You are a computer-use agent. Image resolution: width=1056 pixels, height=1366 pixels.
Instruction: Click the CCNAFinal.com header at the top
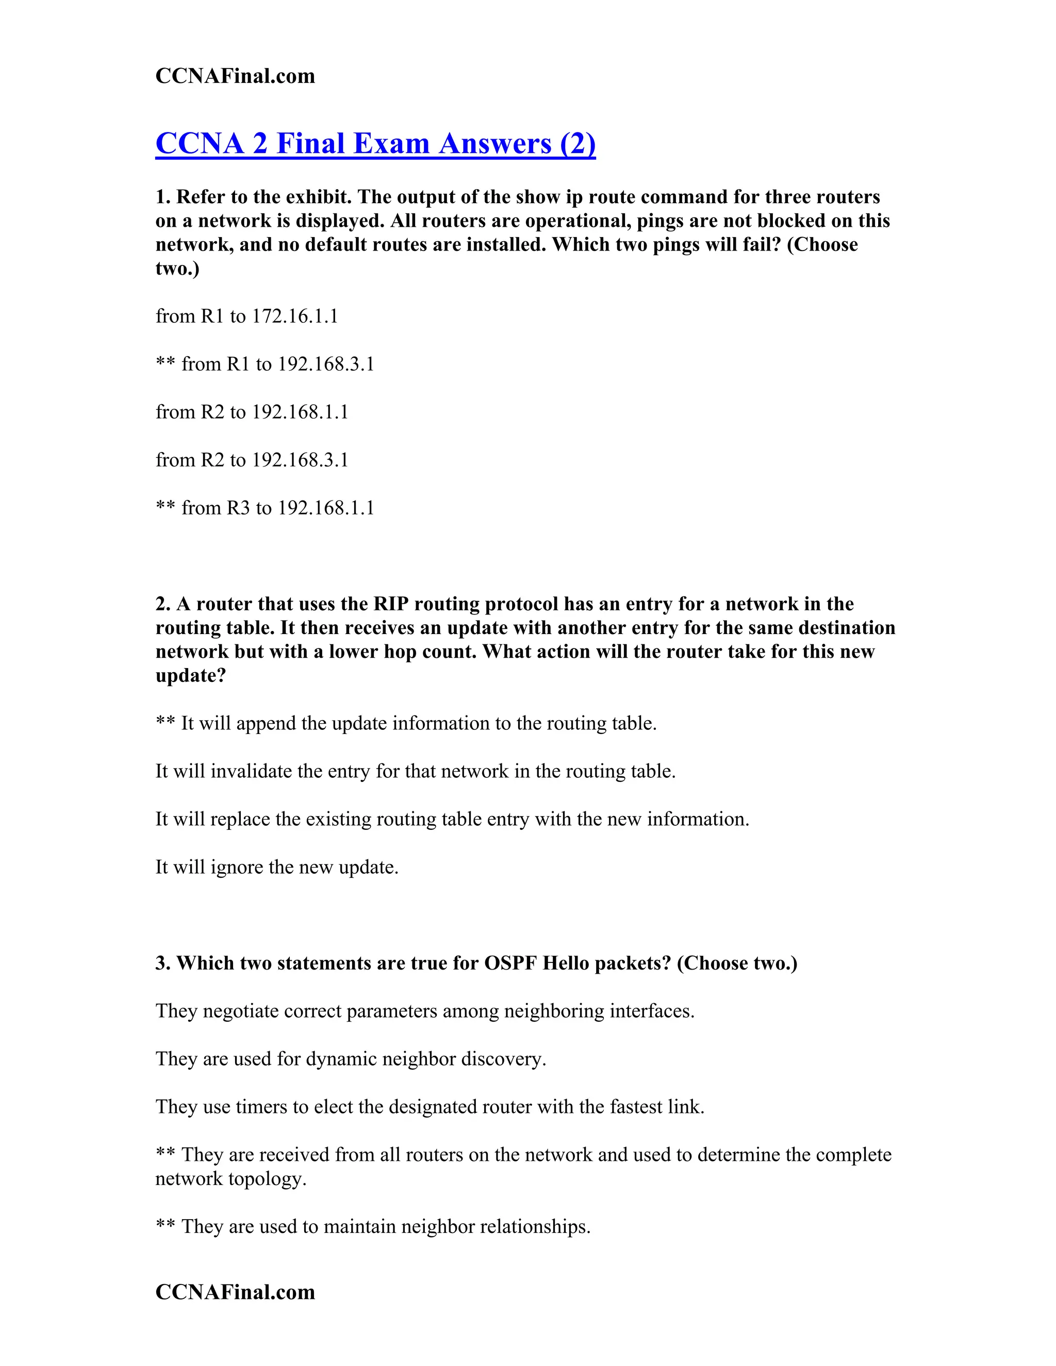[x=235, y=76]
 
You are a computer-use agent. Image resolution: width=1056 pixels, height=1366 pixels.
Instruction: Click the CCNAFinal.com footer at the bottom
[x=235, y=1292]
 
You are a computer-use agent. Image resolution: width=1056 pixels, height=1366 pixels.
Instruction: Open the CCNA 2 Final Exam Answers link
[x=375, y=143]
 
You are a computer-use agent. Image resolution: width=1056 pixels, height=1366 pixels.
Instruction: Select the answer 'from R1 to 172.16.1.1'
[x=246, y=316]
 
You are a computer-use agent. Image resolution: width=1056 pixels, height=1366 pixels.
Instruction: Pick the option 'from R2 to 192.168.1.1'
[x=252, y=412]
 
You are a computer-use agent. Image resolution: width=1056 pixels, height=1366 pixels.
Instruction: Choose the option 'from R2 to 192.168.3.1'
[x=252, y=460]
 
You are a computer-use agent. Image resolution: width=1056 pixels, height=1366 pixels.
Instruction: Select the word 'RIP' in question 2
[x=391, y=604]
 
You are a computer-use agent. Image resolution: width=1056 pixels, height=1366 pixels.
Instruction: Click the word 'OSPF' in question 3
[x=510, y=963]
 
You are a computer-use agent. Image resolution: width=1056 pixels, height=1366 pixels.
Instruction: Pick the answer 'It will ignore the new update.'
[x=276, y=868]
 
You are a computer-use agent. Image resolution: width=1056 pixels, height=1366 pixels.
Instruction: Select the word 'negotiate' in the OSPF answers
[x=240, y=1011]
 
